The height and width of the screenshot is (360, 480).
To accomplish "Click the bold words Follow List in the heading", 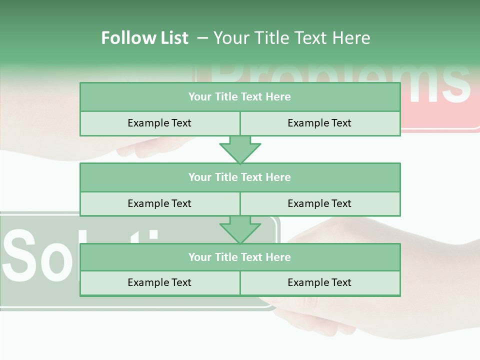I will tap(144, 38).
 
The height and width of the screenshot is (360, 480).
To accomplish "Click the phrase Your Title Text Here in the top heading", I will tap(292, 38).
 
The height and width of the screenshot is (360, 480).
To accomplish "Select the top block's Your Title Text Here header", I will tap(239, 97).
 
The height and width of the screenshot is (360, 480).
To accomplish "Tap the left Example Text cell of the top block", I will tap(159, 123).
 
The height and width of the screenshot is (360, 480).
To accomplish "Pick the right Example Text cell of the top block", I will tap(319, 123).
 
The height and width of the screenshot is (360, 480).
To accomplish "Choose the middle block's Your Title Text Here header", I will tap(239, 177).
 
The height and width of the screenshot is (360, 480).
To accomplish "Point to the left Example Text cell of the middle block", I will tap(159, 203).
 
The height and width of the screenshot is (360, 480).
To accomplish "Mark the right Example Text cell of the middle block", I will tap(319, 203).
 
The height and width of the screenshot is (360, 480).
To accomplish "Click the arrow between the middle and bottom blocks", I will tap(240, 229).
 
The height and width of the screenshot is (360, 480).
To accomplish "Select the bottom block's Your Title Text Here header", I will tap(239, 257).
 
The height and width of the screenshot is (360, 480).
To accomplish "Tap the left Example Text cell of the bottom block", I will tap(159, 282).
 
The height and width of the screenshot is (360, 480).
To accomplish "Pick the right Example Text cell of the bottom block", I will tap(319, 282).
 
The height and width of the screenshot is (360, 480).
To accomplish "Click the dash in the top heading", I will tap(202, 38).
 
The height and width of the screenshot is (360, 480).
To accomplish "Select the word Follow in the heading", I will tap(125, 38).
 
